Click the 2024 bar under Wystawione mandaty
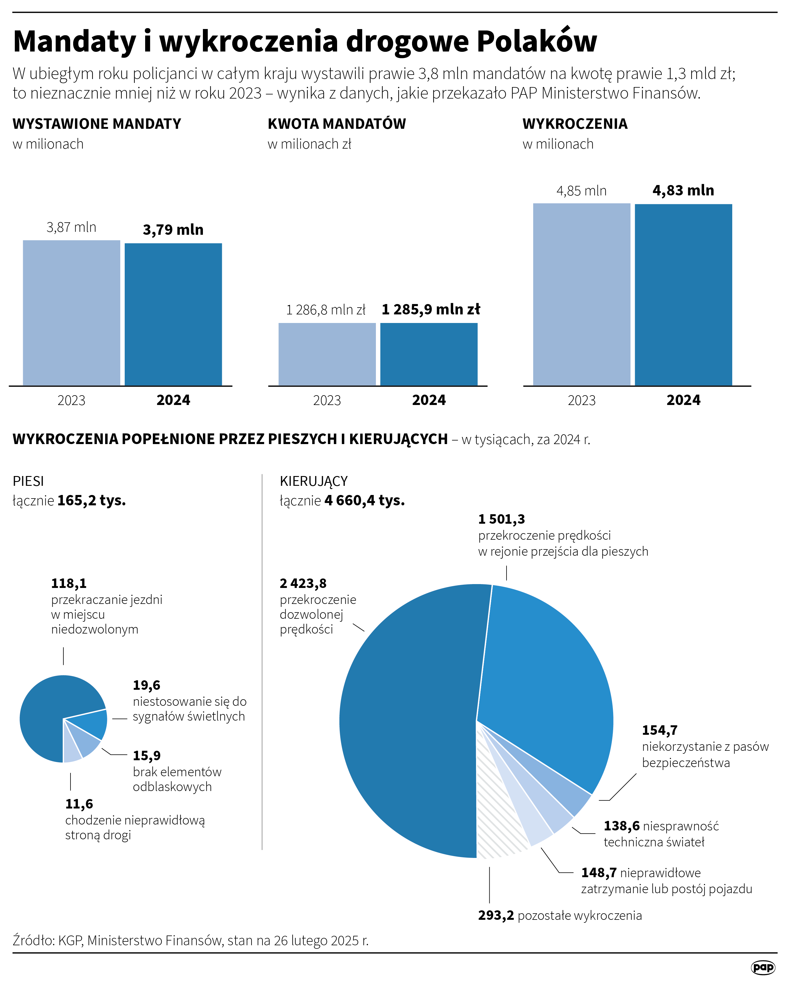[x=173, y=314]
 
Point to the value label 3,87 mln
[x=71, y=228]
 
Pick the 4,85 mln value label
[x=581, y=191]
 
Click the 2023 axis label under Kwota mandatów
[x=327, y=401]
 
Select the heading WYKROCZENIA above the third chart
[x=575, y=124]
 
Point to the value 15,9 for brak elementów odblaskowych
[x=147, y=756]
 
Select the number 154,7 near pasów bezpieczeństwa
[x=659, y=730]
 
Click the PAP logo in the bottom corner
[x=763, y=967]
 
